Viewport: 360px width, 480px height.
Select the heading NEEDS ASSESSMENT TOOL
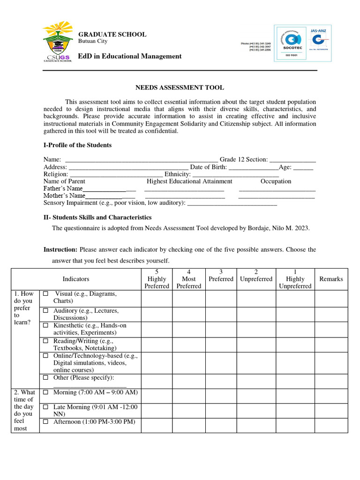click(x=180, y=88)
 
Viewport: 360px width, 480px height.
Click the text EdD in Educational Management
click(x=129, y=56)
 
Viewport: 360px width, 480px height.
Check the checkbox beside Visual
click(x=46, y=294)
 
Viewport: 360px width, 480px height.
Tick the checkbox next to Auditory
click(x=46, y=311)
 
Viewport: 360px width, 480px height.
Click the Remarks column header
click(x=331, y=279)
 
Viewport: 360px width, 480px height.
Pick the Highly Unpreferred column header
click(x=295, y=279)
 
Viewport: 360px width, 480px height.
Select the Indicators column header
click(x=76, y=279)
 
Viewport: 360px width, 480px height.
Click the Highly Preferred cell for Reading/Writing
click(x=157, y=345)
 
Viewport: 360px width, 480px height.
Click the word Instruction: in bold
click(x=60, y=250)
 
